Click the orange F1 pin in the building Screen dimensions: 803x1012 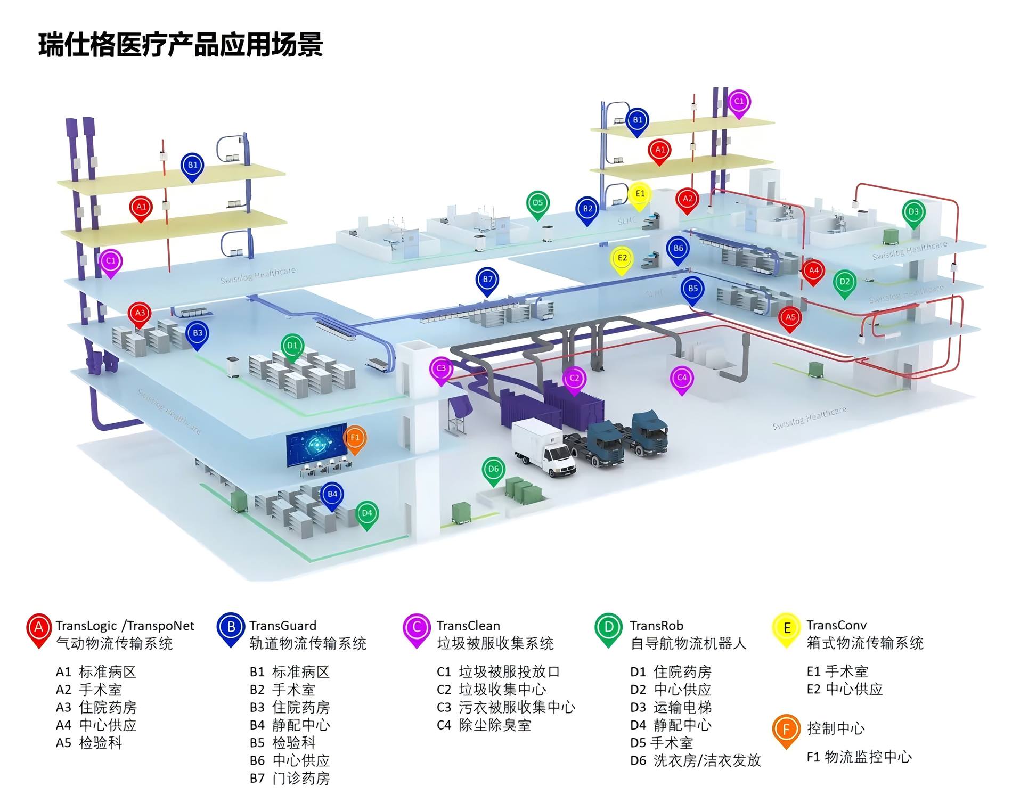[x=355, y=438]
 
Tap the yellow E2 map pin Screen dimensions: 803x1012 [x=622, y=259]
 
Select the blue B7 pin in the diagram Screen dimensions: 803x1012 [x=487, y=280]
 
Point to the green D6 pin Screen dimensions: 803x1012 [x=493, y=470]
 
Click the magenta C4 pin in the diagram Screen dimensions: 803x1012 [x=681, y=378]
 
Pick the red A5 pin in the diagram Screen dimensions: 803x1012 [x=790, y=318]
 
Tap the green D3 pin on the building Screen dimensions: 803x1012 [x=913, y=212]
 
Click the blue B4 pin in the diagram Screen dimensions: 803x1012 [x=332, y=495]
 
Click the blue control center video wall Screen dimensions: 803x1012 [x=316, y=444]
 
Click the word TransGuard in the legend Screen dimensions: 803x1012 [x=282, y=626]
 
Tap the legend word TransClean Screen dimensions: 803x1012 [x=468, y=626]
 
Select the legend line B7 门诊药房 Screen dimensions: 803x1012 [x=290, y=779]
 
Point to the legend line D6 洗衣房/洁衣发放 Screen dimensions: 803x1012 [x=695, y=760]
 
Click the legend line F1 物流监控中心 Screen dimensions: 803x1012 [x=859, y=757]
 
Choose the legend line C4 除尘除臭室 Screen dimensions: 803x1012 [x=484, y=725]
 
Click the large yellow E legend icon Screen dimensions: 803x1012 [x=787, y=629]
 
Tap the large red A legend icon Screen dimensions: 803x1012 [x=39, y=629]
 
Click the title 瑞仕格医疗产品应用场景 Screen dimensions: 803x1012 [x=181, y=45]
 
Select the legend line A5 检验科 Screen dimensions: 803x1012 [x=89, y=743]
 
